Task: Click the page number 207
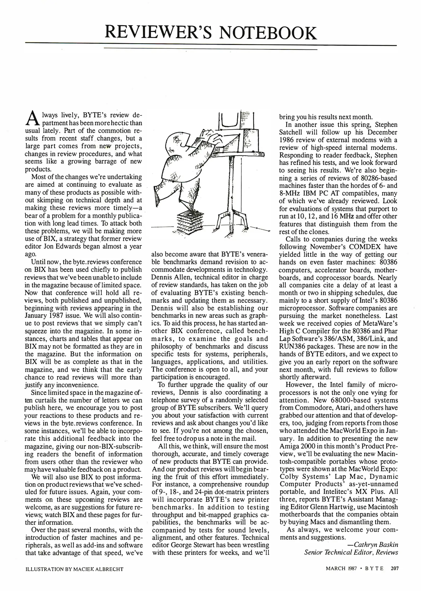[x=394, y=569]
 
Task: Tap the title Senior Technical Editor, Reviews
[x=351, y=552]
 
